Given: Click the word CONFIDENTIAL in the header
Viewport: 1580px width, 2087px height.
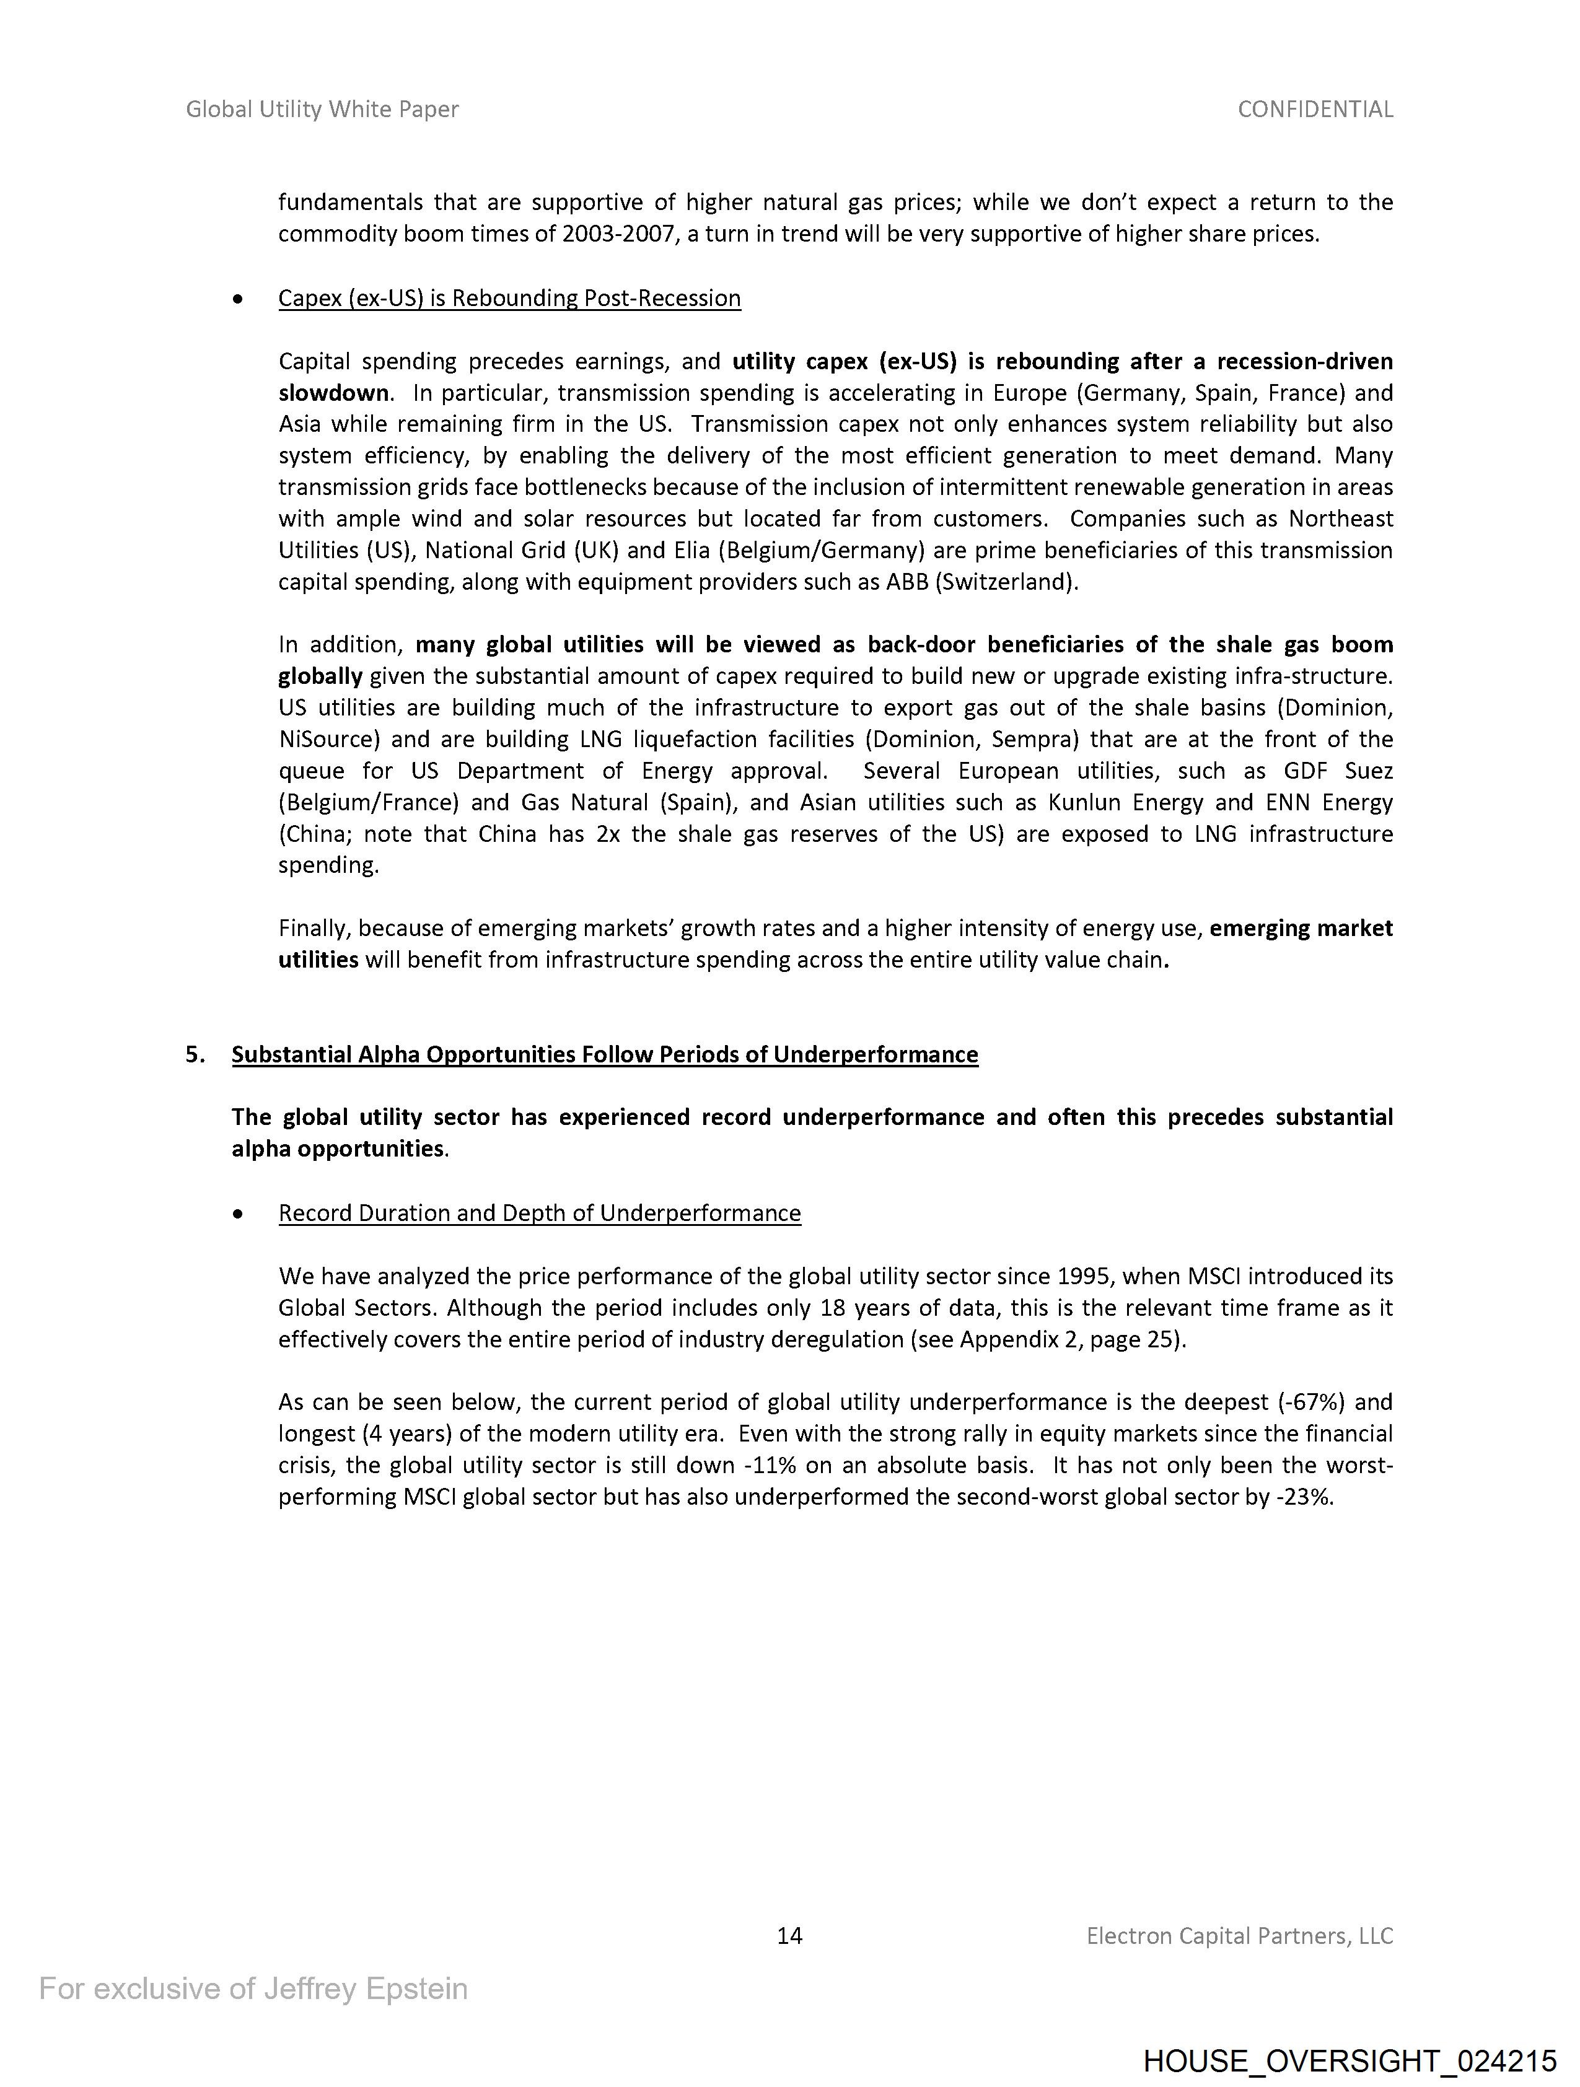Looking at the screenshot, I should pyautogui.click(x=1315, y=110).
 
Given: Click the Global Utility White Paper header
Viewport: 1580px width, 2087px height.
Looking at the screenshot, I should pyautogui.click(x=322, y=110).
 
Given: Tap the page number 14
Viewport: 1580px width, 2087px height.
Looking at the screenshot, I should pyautogui.click(x=789, y=1936).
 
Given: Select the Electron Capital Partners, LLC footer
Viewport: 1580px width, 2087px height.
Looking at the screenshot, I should pyautogui.click(x=1239, y=1936).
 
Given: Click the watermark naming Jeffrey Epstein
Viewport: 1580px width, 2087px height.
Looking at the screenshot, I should pyautogui.click(x=253, y=1989).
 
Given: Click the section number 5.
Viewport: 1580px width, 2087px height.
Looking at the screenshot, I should pyautogui.click(x=195, y=1054).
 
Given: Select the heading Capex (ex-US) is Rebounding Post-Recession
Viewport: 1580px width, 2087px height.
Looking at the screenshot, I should pyautogui.click(x=510, y=298).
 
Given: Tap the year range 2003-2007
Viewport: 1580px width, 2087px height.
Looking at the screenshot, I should pyautogui.click(x=618, y=234).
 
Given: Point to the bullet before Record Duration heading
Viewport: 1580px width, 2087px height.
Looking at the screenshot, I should pyautogui.click(x=238, y=1214).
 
